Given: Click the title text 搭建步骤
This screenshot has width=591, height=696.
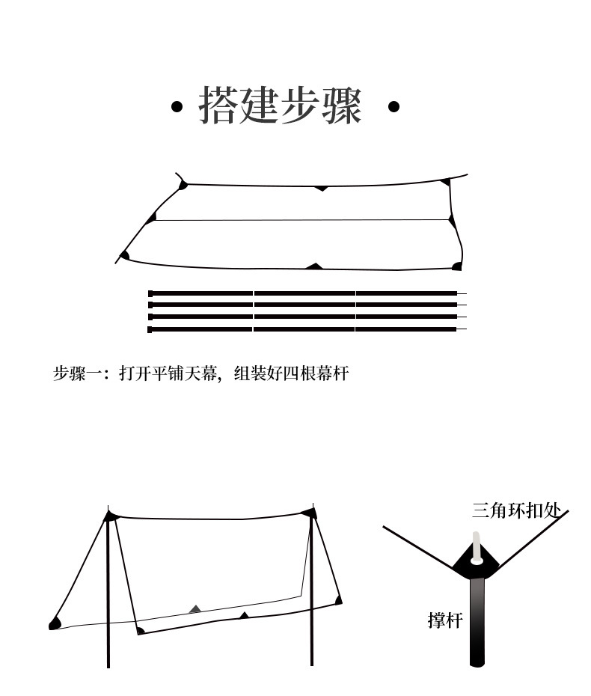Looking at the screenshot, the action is pyautogui.click(x=281, y=106).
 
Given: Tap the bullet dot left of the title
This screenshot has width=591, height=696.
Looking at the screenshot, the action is pyautogui.click(x=177, y=107).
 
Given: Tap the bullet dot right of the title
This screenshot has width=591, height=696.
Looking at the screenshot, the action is pyautogui.click(x=394, y=107).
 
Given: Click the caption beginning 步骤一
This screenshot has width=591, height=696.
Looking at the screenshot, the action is pyautogui.click(x=200, y=373).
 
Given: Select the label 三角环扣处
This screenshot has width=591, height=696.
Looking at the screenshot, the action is pyautogui.click(x=516, y=511).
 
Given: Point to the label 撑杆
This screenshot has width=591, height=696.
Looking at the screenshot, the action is pyautogui.click(x=445, y=620).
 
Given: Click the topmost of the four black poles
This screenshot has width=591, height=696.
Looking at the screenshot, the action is pyautogui.click(x=304, y=293).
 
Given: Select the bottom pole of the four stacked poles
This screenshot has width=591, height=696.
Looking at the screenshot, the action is pyautogui.click(x=304, y=329).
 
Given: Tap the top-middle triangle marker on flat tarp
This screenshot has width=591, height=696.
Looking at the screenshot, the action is pyautogui.click(x=321, y=188).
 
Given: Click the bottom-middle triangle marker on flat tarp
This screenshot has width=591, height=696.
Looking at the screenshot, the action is pyautogui.click(x=315, y=266).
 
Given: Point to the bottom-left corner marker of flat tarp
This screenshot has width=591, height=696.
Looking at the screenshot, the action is pyautogui.click(x=125, y=256).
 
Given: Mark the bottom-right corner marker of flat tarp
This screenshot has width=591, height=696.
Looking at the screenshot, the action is pyautogui.click(x=457, y=266).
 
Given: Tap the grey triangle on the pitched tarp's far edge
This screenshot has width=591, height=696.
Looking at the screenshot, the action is pyautogui.click(x=195, y=609).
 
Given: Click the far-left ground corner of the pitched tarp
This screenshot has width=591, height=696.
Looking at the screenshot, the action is pyautogui.click(x=54, y=623).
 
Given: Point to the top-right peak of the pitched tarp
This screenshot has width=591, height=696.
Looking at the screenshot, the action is pyautogui.click(x=308, y=512).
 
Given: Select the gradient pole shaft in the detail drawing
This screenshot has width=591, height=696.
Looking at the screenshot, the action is pyautogui.click(x=477, y=621).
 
